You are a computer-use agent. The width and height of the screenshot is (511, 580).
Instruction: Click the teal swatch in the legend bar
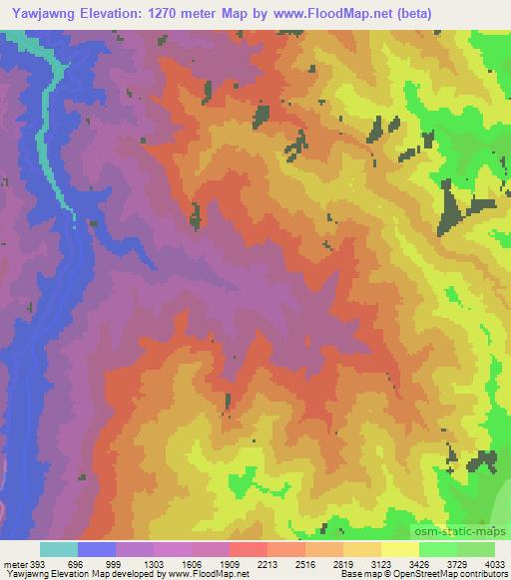coord(59,549)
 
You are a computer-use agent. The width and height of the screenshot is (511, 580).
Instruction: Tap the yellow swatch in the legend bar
coord(399,549)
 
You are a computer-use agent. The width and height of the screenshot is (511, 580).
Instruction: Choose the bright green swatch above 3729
coord(438,549)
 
